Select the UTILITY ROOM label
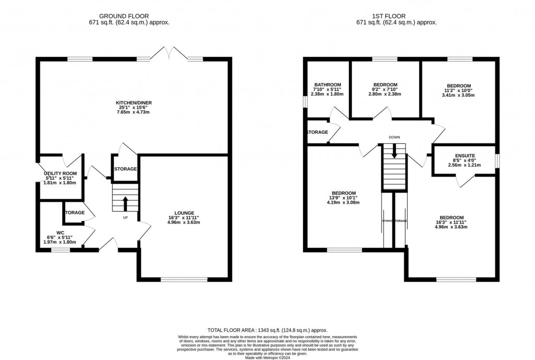[x=58, y=173]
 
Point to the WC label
[x=61, y=232]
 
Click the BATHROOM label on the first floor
[x=328, y=85]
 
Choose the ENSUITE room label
[x=464, y=156]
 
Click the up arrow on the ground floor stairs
[x=125, y=202]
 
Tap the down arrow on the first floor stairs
[x=394, y=151]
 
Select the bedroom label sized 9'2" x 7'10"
[x=386, y=85]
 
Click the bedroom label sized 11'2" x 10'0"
[x=459, y=86]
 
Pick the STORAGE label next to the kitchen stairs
[x=125, y=169]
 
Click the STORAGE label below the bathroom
[x=317, y=132]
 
